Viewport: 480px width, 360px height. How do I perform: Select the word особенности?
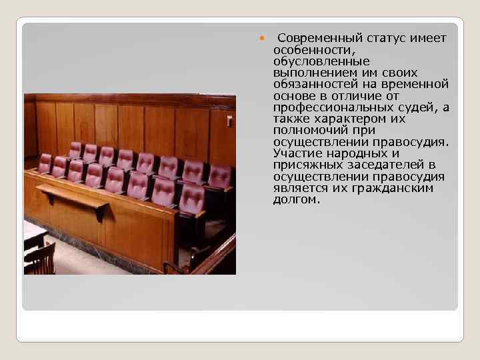pos(309,50)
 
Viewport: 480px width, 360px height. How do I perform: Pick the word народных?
pos(369,153)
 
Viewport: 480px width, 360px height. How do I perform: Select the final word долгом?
pos(297,199)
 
